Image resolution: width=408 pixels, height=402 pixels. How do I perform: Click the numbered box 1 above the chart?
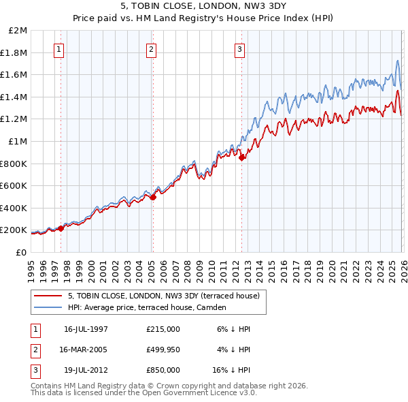[x=59, y=48]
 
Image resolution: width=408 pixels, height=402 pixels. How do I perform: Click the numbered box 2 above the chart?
[x=150, y=48]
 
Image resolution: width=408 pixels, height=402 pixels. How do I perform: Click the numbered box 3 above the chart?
[x=240, y=48]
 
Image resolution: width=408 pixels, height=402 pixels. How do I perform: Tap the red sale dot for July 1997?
[x=61, y=229]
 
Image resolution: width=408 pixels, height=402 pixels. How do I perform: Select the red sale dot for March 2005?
[x=153, y=198]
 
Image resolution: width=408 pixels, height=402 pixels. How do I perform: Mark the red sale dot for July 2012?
[x=242, y=158]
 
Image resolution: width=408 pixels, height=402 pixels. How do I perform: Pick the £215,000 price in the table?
[x=163, y=329]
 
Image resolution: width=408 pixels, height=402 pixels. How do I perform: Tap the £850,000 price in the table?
[x=163, y=370]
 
